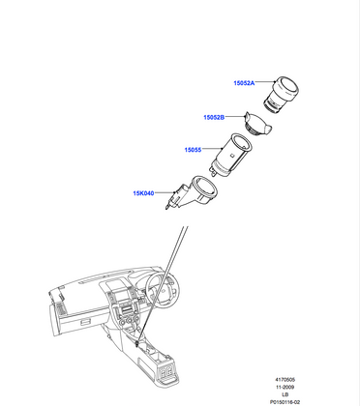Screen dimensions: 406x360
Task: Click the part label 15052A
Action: [x=243, y=84]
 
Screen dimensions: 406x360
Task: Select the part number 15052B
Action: [x=214, y=117]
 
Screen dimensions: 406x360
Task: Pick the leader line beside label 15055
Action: [x=214, y=150]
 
